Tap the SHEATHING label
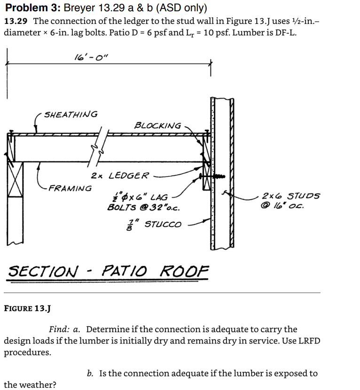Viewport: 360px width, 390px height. pos(70,114)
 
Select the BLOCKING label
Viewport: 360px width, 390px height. pos(157,125)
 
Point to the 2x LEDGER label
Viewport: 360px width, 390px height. pos(119,176)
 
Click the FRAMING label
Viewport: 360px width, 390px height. pos(70,188)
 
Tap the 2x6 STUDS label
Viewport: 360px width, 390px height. pos(291,196)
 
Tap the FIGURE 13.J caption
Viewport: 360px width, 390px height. pos(27,309)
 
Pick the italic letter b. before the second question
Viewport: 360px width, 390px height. pos(90,374)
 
